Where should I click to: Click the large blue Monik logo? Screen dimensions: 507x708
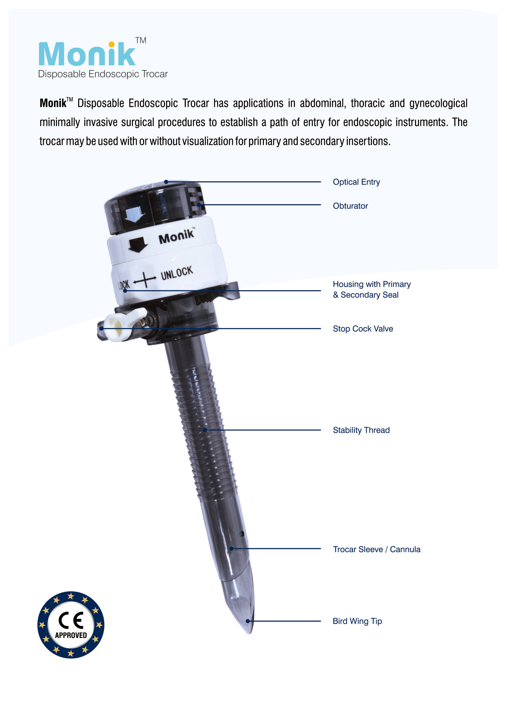[x=87, y=54]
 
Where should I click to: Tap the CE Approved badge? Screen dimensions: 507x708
[x=71, y=625]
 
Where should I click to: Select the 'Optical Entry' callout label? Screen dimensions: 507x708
[x=356, y=182]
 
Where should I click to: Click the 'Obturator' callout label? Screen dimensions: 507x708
[x=350, y=206]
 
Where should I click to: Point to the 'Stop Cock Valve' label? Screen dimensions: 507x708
[x=363, y=329]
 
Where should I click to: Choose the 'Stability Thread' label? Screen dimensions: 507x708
[x=361, y=430]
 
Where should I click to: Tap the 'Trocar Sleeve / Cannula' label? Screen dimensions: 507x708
[x=377, y=549]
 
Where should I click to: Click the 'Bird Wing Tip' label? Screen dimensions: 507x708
[x=357, y=621]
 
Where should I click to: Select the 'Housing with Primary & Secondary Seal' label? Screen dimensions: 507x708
[x=372, y=289]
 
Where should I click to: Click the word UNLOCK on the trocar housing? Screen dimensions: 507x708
[x=177, y=273]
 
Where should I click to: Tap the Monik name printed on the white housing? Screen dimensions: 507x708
[x=177, y=236]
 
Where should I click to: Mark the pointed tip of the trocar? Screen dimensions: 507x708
[x=250, y=633]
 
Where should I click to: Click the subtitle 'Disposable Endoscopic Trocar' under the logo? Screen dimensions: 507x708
[x=103, y=74]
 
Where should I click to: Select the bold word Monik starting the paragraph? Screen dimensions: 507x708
[x=53, y=103]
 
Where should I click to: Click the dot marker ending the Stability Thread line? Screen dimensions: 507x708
[x=205, y=430]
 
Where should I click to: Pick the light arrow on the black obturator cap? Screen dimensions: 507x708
[x=134, y=215]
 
